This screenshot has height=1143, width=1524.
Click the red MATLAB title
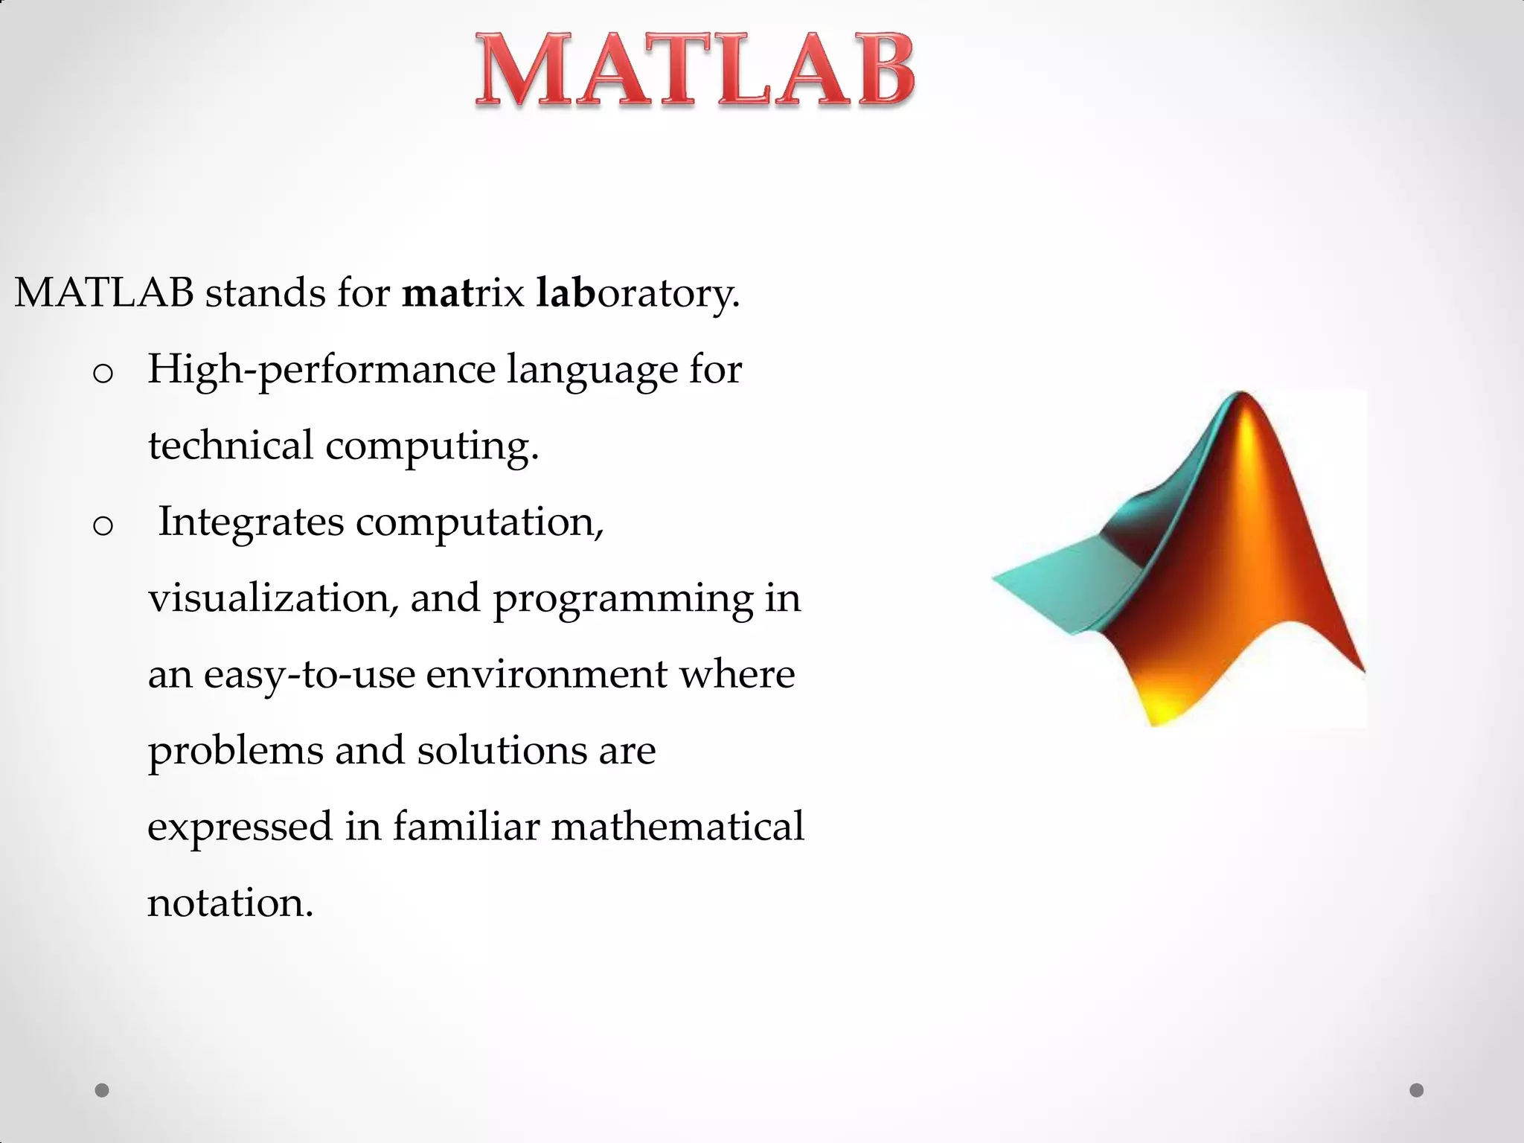pyautogui.click(x=695, y=71)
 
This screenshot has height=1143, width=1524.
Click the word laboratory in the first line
pyautogui.click(x=638, y=293)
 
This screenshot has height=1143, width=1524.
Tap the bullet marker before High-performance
pyautogui.click(x=103, y=374)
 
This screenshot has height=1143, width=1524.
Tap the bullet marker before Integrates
pyautogui.click(x=103, y=526)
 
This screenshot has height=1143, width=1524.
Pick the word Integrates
pyautogui.click(x=251, y=523)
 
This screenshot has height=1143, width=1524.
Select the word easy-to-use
pyautogui.click(x=309, y=676)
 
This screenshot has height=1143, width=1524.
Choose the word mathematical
pyautogui.click(x=677, y=827)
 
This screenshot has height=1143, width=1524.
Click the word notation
pyautogui.click(x=230, y=903)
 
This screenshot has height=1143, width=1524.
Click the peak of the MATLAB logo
pyautogui.click(x=1240, y=395)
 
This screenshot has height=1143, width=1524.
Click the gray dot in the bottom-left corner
pyautogui.click(x=102, y=1090)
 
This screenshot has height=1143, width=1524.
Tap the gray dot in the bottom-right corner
pyautogui.click(x=1417, y=1090)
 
